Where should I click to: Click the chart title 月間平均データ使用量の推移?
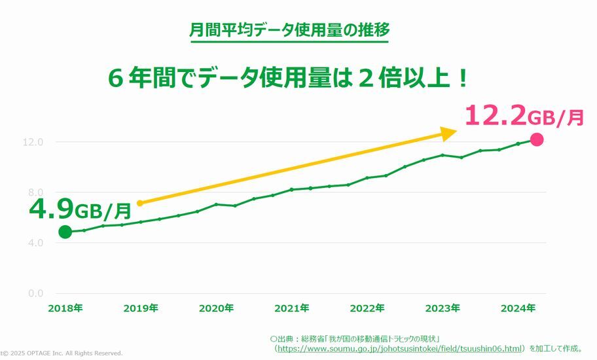289,30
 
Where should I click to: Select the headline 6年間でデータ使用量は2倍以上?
289,79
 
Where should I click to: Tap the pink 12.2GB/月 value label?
524,116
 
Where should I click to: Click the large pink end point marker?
537,139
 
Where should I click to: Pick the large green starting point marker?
65,232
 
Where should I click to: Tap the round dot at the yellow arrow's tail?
139,203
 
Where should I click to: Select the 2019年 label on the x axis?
141,308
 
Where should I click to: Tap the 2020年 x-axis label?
217,308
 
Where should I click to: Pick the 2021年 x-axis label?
292,308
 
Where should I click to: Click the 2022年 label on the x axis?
367,308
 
